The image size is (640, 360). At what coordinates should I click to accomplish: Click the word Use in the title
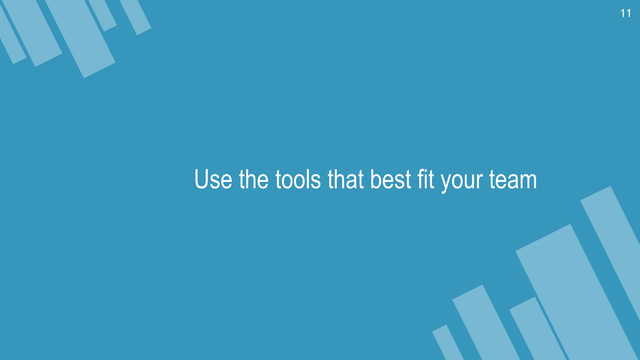(x=213, y=179)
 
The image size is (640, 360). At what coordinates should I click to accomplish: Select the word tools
(x=298, y=179)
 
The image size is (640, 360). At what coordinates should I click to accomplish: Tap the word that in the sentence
(x=346, y=179)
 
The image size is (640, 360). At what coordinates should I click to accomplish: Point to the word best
(x=391, y=179)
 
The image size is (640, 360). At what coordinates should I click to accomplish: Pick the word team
(x=513, y=179)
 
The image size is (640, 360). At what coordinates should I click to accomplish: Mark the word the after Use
(x=253, y=179)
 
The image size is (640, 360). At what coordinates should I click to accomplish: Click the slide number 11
(x=625, y=13)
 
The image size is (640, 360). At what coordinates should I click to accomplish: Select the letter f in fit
(x=421, y=179)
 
